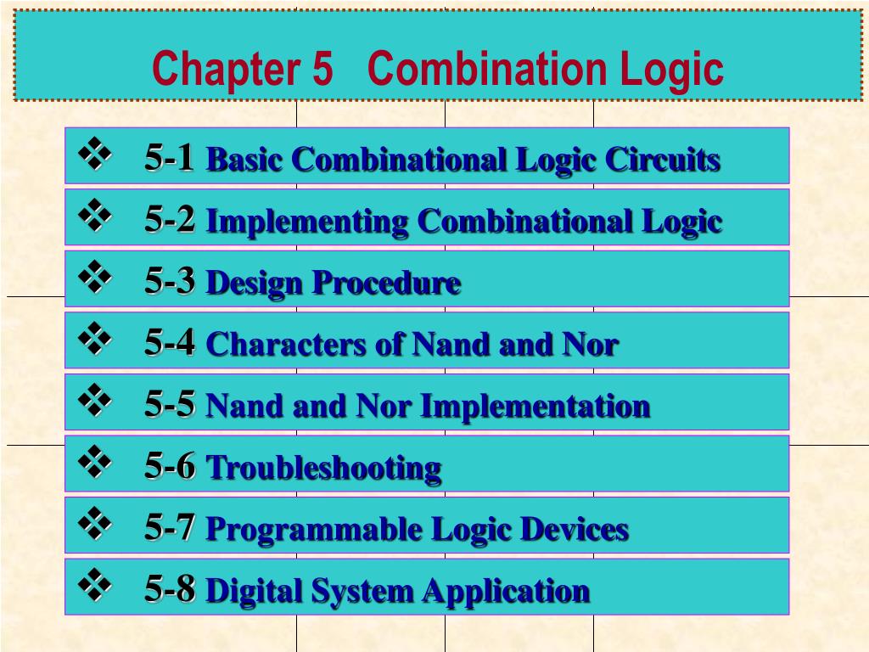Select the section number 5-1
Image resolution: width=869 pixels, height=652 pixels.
coord(170,158)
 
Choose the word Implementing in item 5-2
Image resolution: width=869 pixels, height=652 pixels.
coord(307,222)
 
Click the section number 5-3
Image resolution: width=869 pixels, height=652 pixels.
coord(170,281)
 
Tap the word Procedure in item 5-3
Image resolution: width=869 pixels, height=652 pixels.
coord(385,284)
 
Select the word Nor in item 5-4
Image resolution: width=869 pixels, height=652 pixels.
coord(590,345)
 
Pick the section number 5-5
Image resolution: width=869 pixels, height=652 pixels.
coord(170,405)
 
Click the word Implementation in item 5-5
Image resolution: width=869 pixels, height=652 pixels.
coord(535,407)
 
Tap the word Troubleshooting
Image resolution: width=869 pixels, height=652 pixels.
coord(323,468)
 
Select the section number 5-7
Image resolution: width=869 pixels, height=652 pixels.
coord(170,528)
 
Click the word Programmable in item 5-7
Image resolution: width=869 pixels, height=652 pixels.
coord(314,530)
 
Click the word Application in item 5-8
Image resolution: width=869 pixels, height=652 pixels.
coord(507,591)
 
